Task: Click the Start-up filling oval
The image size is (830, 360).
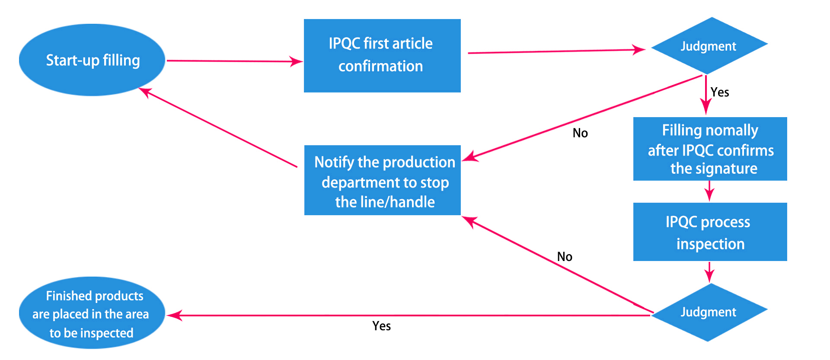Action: tap(92, 60)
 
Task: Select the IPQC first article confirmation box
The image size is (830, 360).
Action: tap(382, 55)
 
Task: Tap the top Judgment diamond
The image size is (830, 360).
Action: tap(709, 45)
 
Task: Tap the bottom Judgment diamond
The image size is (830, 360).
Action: tap(709, 312)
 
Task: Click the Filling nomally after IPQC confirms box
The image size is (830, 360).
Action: tap(710, 149)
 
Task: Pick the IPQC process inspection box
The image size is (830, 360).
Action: tap(710, 232)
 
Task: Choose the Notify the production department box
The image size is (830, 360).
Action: tap(382, 180)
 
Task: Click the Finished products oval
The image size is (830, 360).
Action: tap(92, 313)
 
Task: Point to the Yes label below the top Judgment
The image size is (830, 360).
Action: tap(720, 92)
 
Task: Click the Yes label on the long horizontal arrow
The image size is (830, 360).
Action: tap(382, 326)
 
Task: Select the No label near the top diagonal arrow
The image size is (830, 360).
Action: tap(580, 133)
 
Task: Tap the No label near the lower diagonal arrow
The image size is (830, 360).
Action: tap(565, 257)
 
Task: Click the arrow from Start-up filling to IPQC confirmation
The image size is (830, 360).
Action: tap(235, 61)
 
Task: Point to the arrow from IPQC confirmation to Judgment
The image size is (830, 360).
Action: tap(557, 51)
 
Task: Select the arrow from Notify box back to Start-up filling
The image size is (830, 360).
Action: tap(218, 127)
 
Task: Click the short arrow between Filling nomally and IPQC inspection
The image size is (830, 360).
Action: tap(709, 191)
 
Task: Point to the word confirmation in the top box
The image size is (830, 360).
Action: tap(380, 66)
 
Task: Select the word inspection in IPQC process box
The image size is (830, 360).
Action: tap(710, 244)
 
